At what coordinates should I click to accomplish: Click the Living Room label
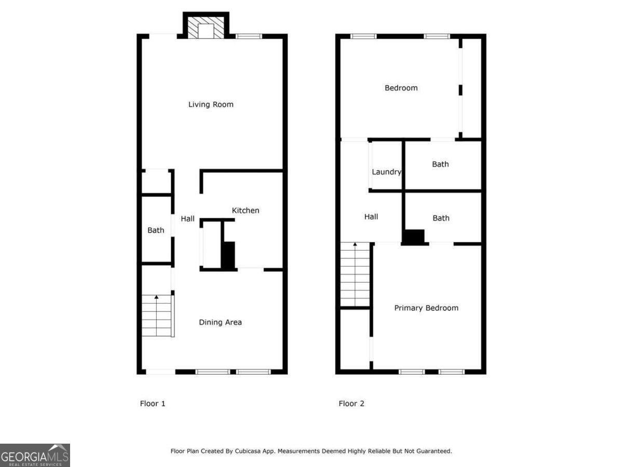211,104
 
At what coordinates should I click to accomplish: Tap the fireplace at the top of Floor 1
206,29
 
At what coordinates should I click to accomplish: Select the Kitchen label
245,210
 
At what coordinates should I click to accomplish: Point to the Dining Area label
220,322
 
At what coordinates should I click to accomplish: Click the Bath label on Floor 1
156,230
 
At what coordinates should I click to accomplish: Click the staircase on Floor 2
355,275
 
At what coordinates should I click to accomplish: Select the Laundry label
386,172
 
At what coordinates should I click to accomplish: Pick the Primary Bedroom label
426,308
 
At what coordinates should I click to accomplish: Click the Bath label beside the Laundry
440,164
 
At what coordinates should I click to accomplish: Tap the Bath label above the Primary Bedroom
441,218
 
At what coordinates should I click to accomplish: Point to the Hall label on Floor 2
371,217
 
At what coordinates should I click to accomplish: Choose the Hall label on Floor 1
187,218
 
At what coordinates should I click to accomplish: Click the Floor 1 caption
153,403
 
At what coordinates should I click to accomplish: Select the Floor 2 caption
351,403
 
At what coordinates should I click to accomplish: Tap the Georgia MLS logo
35,455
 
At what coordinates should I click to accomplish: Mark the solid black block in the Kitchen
228,255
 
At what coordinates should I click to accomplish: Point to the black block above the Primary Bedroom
414,237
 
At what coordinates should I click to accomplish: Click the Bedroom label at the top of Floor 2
401,88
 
